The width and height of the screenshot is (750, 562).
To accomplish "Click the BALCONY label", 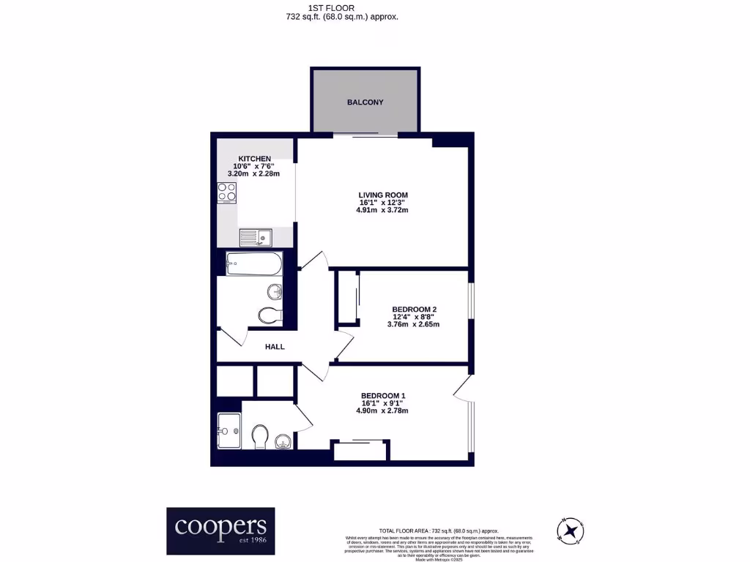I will [365, 102].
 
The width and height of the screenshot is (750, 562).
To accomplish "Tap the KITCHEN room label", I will [254, 159].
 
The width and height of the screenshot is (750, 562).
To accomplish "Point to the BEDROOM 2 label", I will [414, 309].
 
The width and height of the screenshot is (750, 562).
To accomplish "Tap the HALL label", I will [275, 347].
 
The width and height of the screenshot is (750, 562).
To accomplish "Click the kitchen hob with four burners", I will [227, 192].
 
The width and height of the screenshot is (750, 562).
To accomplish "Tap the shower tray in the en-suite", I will [229, 430].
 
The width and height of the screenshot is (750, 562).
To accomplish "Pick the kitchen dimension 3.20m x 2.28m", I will [254, 174].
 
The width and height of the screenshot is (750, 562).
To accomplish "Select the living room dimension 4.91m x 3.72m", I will [382, 210].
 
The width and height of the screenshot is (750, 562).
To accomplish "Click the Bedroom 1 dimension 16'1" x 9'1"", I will [382, 403].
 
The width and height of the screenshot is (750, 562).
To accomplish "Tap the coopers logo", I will [220, 531].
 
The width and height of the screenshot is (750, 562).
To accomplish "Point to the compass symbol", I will [568, 528].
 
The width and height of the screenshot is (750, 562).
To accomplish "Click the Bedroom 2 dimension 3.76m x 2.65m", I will [414, 324].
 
